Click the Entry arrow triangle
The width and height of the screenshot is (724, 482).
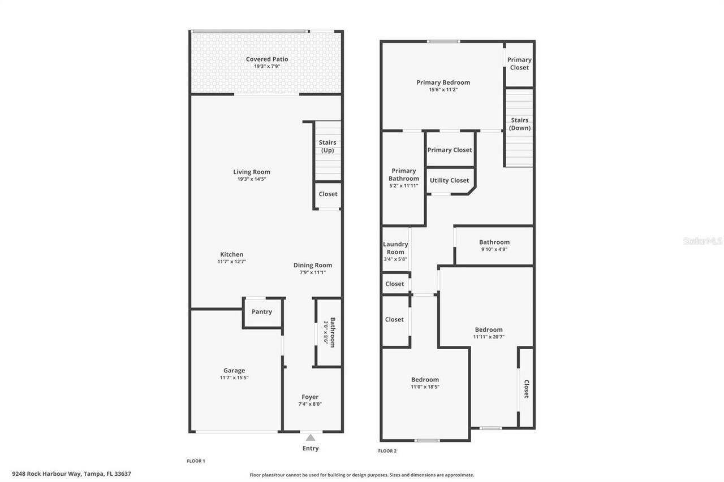pyautogui.click(x=311, y=438)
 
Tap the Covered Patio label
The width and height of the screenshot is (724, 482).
pyautogui.click(x=267, y=59)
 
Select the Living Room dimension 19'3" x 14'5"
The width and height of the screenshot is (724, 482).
pyautogui.click(x=252, y=179)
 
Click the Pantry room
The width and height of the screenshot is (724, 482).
pyautogui.click(x=262, y=312)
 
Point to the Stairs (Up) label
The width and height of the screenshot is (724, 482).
pyautogui.click(x=327, y=146)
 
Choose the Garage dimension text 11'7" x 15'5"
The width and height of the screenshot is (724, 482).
pyautogui.click(x=234, y=377)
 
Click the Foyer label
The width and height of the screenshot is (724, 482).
pyautogui.click(x=310, y=397)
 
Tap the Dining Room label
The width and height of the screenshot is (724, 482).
pyautogui.click(x=313, y=265)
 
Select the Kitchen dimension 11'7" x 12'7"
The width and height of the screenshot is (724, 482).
pyautogui.click(x=232, y=262)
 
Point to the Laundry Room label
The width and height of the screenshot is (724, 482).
pyautogui.click(x=395, y=248)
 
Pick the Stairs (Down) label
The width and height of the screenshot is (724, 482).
pyautogui.click(x=520, y=124)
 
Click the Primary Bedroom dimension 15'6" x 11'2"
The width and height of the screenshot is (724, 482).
pyautogui.click(x=443, y=90)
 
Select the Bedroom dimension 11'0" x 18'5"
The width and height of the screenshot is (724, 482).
pyautogui.click(x=425, y=387)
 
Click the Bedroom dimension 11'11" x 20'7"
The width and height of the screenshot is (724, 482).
pyautogui.click(x=489, y=337)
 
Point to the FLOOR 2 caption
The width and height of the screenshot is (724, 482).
pyautogui.click(x=387, y=451)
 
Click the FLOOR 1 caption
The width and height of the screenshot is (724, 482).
pyautogui.click(x=196, y=461)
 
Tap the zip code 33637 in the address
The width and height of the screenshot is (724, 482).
pyautogui.click(x=123, y=474)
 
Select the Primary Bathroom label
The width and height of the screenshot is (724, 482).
pyautogui.click(x=404, y=175)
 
